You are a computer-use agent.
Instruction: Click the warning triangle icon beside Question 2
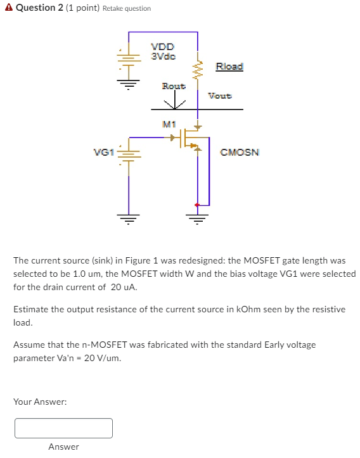[7, 8]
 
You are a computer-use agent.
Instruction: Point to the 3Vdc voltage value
[162, 55]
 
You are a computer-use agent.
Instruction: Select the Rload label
[229, 67]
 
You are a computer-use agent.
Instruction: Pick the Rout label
[174, 86]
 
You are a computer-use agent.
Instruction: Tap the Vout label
[220, 96]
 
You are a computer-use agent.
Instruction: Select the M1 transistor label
[168, 124]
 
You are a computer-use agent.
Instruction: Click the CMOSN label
[239, 152]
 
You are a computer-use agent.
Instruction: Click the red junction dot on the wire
[197, 205]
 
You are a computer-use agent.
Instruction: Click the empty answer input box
[63, 428]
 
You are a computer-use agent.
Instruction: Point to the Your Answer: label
[40, 402]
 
